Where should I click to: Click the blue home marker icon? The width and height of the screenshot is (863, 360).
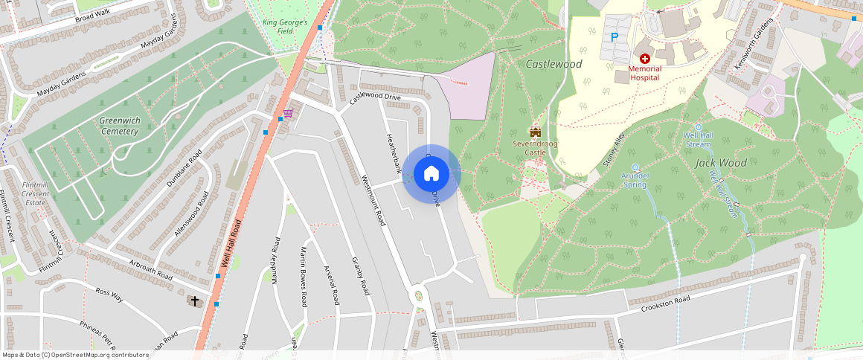431,174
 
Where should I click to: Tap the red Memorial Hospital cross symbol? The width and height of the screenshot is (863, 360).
644,58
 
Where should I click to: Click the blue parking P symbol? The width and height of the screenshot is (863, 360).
615,37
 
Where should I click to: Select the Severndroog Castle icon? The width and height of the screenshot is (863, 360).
534,131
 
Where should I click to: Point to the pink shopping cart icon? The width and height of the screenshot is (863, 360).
287,113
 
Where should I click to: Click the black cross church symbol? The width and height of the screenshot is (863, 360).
195,301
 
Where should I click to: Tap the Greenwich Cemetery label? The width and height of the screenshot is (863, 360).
119,126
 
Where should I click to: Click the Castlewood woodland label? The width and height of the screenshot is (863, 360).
554,65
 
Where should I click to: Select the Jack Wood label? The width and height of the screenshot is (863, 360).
721,163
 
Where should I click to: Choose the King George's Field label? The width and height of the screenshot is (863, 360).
285,26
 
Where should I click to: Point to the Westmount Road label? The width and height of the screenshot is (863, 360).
373,200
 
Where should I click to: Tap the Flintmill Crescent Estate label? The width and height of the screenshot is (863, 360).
36,193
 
